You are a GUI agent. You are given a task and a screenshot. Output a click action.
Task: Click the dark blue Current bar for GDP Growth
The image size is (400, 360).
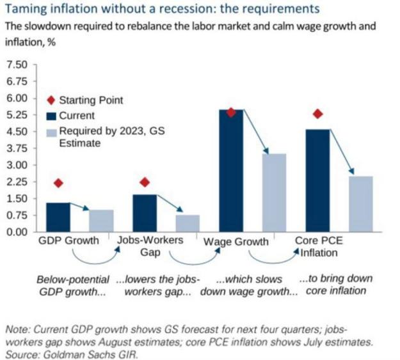click(x=58, y=217)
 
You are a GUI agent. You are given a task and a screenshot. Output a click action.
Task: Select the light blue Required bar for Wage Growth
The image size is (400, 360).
click(x=274, y=192)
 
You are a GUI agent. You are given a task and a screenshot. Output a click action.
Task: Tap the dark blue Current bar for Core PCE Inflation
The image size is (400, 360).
click(x=317, y=180)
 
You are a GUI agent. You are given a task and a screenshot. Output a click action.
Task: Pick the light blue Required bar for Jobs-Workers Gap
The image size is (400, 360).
click(x=188, y=223)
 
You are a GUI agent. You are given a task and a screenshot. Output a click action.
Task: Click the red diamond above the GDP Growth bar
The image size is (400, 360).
click(x=58, y=183)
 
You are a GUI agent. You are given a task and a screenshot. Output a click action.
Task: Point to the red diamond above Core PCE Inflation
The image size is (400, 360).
click(x=317, y=114)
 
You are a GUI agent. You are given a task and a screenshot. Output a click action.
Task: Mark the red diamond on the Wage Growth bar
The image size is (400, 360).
click(x=231, y=113)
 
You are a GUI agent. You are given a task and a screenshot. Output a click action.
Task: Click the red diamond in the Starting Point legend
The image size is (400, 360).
click(x=51, y=100)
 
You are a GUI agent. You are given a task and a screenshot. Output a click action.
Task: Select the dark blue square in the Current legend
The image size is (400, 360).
click(x=51, y=116)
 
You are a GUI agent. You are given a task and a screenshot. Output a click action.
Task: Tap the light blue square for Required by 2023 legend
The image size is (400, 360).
click(x=51, y=133)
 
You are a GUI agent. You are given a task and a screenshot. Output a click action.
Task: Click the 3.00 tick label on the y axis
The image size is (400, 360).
click(x=17, y=165)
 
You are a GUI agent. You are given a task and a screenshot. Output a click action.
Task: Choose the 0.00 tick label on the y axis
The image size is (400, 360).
click(x=17, y=232)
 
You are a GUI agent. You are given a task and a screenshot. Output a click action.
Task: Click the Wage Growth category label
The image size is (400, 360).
click(x=236, y=242)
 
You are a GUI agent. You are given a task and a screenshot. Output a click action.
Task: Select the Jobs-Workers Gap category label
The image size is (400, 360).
click(x=150, y=246)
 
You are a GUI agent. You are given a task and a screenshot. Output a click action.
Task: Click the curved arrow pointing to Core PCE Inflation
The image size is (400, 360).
click(x=273, y=260)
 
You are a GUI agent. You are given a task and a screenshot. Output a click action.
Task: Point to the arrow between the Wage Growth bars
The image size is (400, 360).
click(x=256, y=132)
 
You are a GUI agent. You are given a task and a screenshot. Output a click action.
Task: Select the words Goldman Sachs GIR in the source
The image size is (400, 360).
click(x=91, y=355)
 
